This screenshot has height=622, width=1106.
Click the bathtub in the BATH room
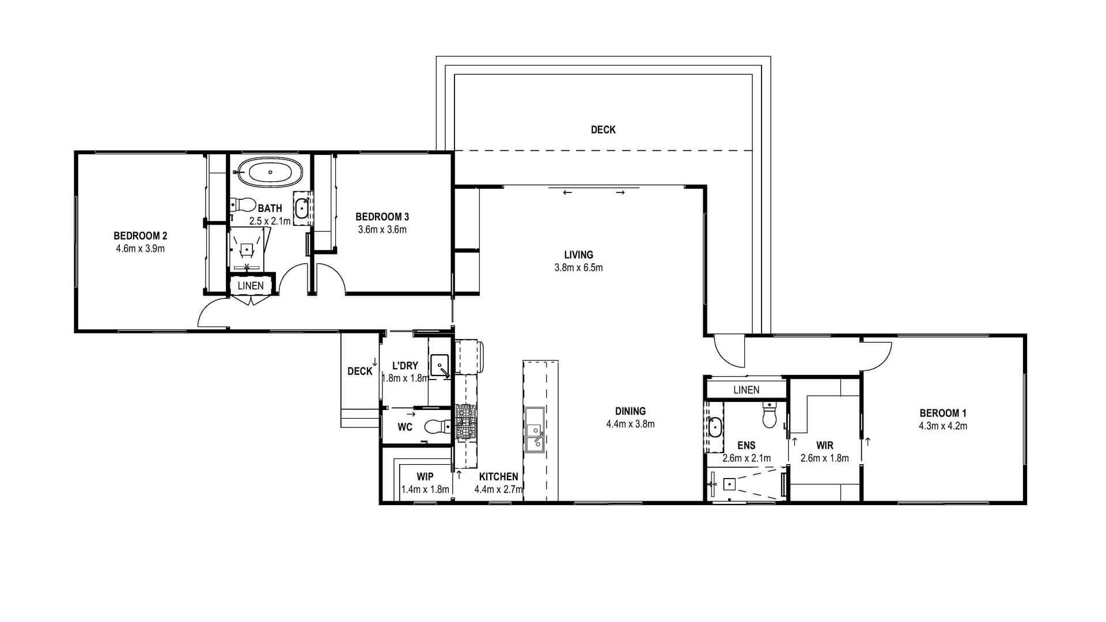pyautogui.click(x=270, y=172)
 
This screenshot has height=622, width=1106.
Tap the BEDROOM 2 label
pyautogui.click(x=141, y=236)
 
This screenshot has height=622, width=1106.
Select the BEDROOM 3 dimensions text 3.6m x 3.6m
pyautogui.click(x=382, y=230)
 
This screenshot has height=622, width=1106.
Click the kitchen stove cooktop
pyautogui.click(x=466, y=422)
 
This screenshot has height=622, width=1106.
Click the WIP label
pyautogui.click(x=425, y=477)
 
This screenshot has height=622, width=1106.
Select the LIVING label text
pyautogui.click(x=578, y=255)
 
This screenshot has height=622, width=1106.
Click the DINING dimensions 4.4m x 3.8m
pyautogui.click(x=630, y=424)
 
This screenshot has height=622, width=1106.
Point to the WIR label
pyautogui.click(x=825, y=446)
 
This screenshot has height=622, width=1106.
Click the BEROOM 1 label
pyautogui.click(x=943, y=413)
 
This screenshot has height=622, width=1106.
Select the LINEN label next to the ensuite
pyautogui.click(x=747, y=390)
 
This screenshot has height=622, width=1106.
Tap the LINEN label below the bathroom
pyautogui.click(x=251, y=286)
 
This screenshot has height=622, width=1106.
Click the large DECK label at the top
pyautogui.click(x=603, y=130)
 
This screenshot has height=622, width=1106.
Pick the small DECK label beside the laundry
pyautogui.click(x=359, y=371)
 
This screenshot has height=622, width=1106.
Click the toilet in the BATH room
pyautogui.click(x=243, y=205)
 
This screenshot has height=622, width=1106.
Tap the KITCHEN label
pyautogui.click(x=499, y=477)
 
